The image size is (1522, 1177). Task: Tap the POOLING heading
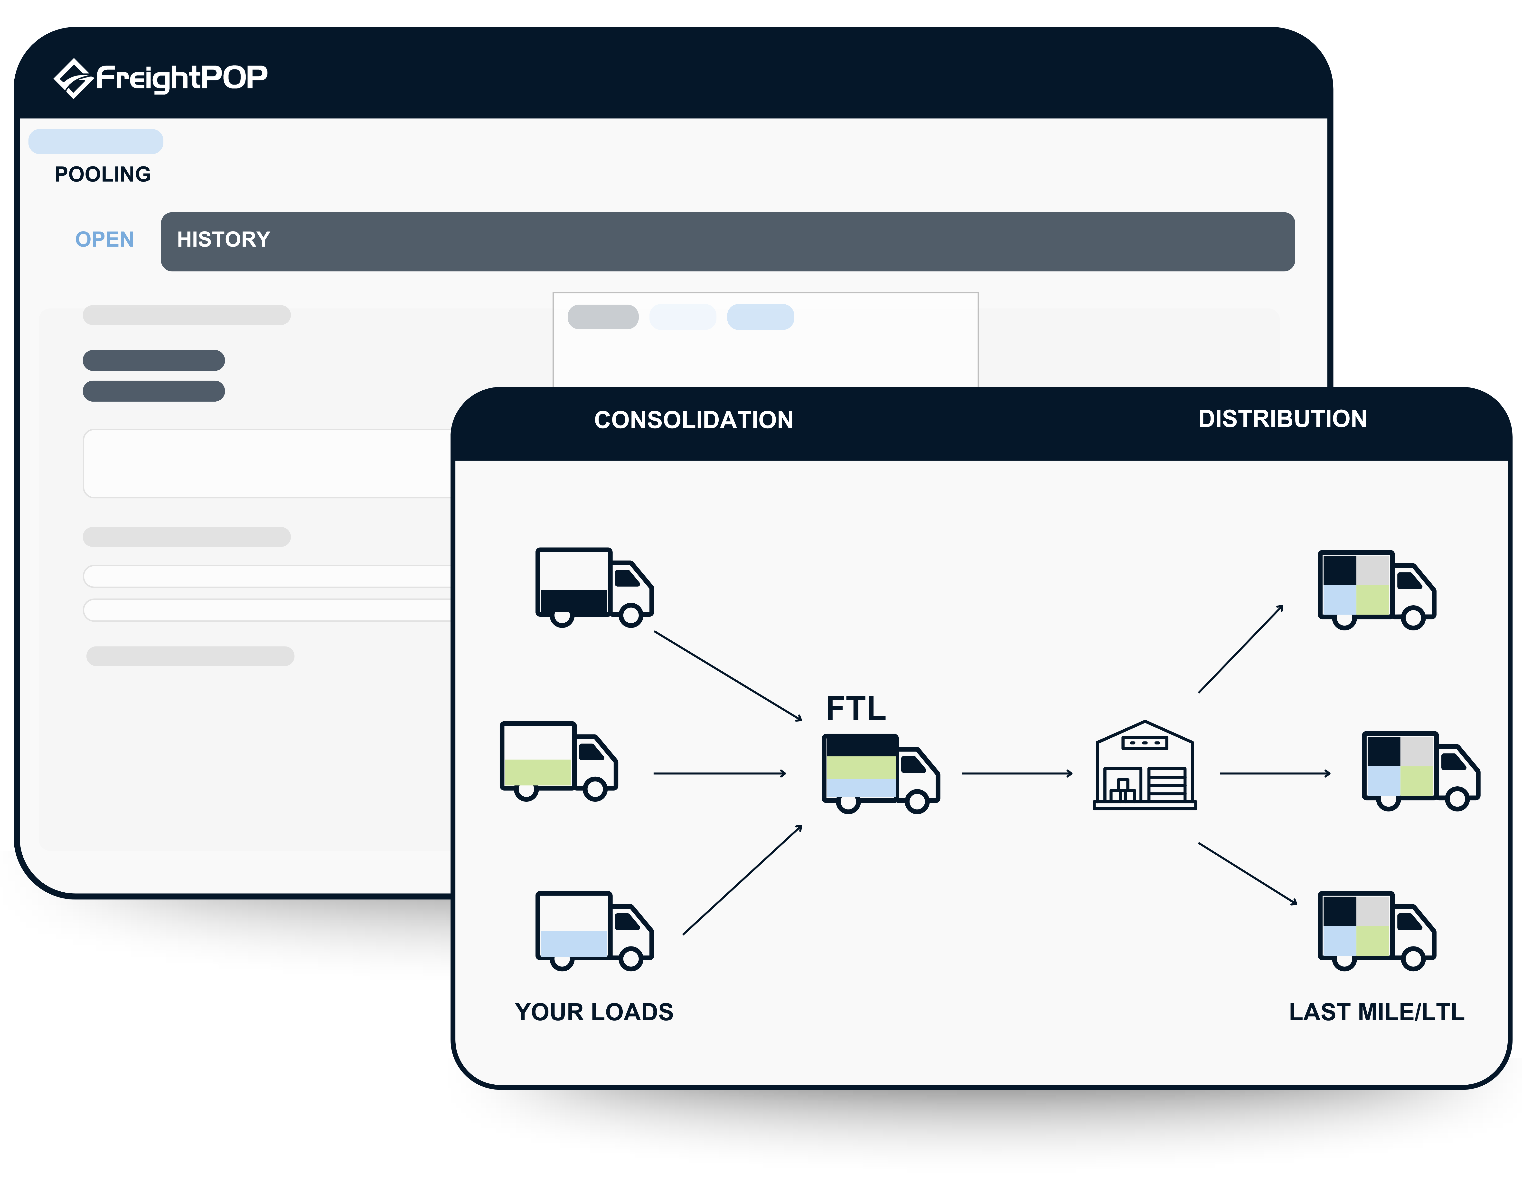tap(103, 174)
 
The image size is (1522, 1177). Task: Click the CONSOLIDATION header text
tap(693, 420)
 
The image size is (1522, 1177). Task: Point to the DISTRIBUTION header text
tap(1282, 418)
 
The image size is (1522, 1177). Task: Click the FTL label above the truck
tap(856, 709)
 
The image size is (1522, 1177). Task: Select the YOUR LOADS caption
tap(594, 1012)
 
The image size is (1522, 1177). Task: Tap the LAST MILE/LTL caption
tap(1376, 1012)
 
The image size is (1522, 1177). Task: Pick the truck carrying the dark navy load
tap(594, 587)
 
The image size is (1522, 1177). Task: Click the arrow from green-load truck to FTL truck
tap(719, 773)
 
